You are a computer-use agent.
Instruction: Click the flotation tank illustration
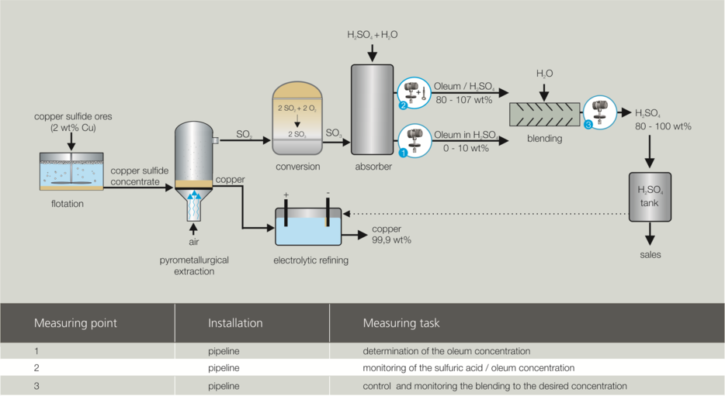click(x=71, y=171)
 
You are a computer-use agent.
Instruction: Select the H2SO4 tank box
click(x=650, y=197)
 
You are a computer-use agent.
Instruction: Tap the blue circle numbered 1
click(x=403, y=153)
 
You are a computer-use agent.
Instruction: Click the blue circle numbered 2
click(x=403, y=105)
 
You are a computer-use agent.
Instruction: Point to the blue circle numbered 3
click(x=588, y=125)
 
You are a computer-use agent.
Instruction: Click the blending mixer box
click(x=544, y=115)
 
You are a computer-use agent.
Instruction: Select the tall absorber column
click(x=373, y=109)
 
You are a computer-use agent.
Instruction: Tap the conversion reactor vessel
click(x=297, y=118)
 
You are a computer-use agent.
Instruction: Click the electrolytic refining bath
click(x=308, y=226)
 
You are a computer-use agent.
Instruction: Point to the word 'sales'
click(x=650, y=255)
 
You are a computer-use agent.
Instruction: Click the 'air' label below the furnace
click(x=194, y=242)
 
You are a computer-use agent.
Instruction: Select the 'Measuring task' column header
click(x=401, y=323)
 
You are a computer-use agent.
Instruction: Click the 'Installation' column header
click(x=235, y=323)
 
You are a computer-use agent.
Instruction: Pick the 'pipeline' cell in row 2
click(x=224, y=368)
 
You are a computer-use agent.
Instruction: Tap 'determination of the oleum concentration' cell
click(x=446, y=351)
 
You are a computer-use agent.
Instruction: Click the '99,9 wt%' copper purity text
click(x=391, y=240)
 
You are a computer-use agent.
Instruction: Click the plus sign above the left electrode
click(x=286, y=195)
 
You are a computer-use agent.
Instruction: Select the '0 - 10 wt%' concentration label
click(x=466, y=148)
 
